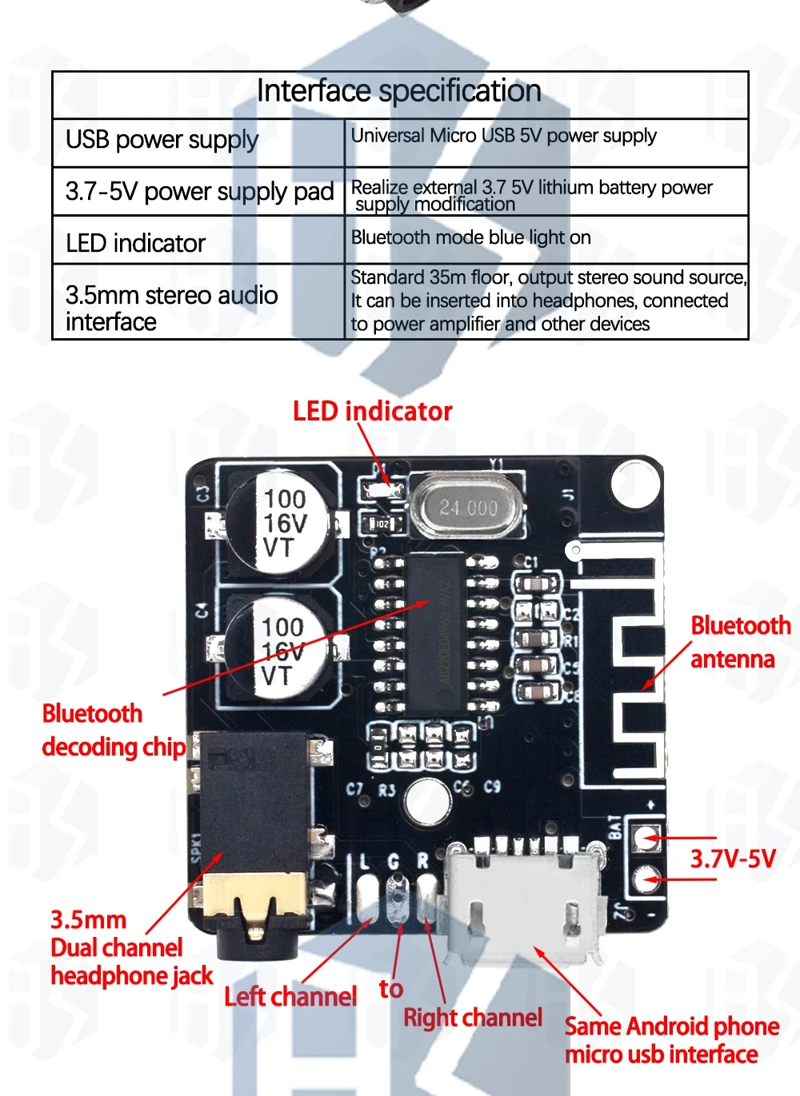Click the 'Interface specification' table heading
pos(398,91)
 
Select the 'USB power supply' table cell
pos(162,140)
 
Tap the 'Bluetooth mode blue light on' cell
pos(471,237)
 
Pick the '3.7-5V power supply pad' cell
pos(199,192)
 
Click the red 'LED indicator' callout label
pos(372,411)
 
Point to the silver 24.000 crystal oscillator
pos(467,507)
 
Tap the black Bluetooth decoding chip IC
pos(436,632)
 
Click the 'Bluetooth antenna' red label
pos(740,642)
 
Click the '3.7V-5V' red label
pos(733,859)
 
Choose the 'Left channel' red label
pos(290,996)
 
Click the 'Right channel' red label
pos(473,1017)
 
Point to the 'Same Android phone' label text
pos(672,1026)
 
